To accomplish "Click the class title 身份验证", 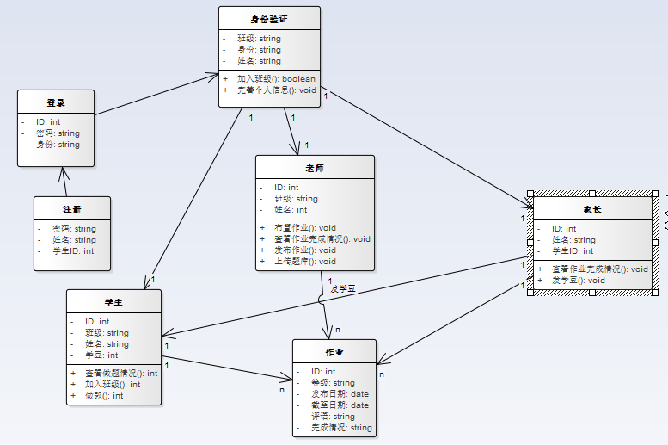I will click(269, 19).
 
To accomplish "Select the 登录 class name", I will click(56, 102).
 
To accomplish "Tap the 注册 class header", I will click(72, 209).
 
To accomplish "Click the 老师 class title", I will click(315, 168).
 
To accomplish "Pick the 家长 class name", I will click(592, 209).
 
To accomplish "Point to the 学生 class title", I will click(113, 302).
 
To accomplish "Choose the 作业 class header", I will click(334, 352).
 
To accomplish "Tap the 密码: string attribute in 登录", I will click(58, 133).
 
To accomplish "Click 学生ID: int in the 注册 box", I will click(73, 251).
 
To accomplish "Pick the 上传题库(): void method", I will click(305, 261).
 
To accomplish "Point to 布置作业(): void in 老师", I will click(304, 227).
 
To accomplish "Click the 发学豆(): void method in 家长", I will click(578, 280).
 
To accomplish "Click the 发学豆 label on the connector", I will click(343, 289).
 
